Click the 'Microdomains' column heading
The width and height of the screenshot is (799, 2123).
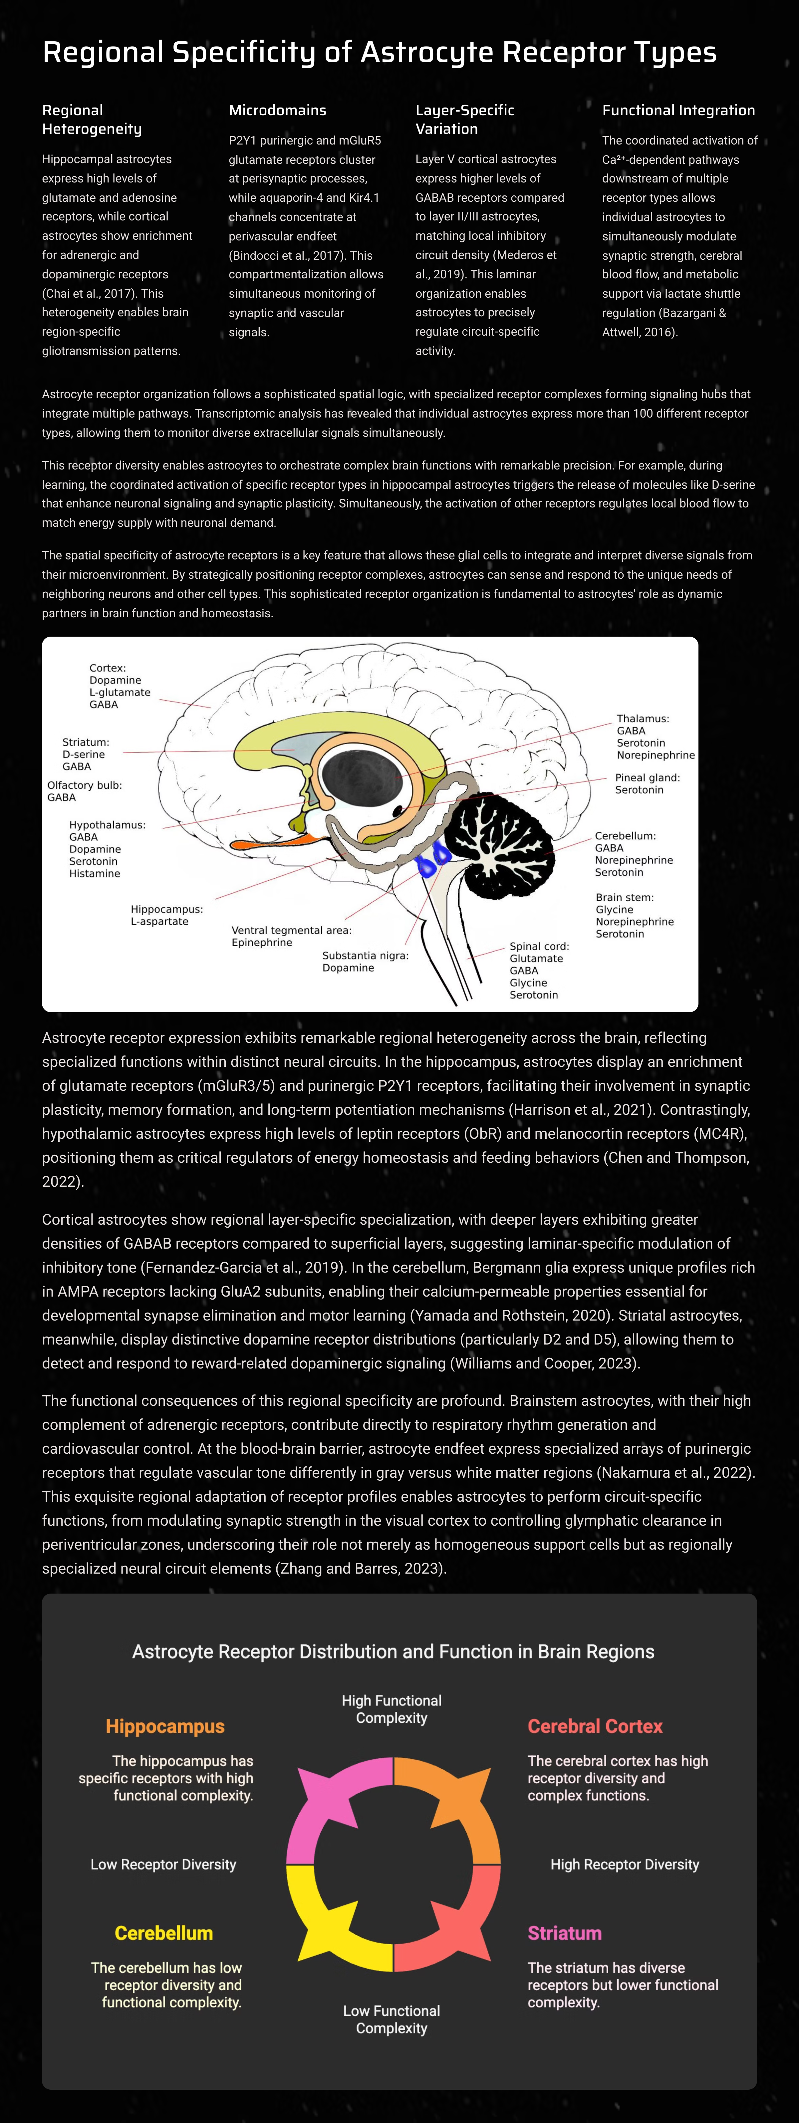278,110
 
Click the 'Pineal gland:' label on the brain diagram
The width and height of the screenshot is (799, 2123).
648,777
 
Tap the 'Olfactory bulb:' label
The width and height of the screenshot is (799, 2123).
85,785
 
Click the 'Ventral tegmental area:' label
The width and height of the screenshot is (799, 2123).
292,930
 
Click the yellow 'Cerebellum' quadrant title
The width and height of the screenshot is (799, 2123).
164,1933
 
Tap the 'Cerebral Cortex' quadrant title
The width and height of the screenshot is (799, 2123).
595,1726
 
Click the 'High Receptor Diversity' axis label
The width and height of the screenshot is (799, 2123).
624,1864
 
